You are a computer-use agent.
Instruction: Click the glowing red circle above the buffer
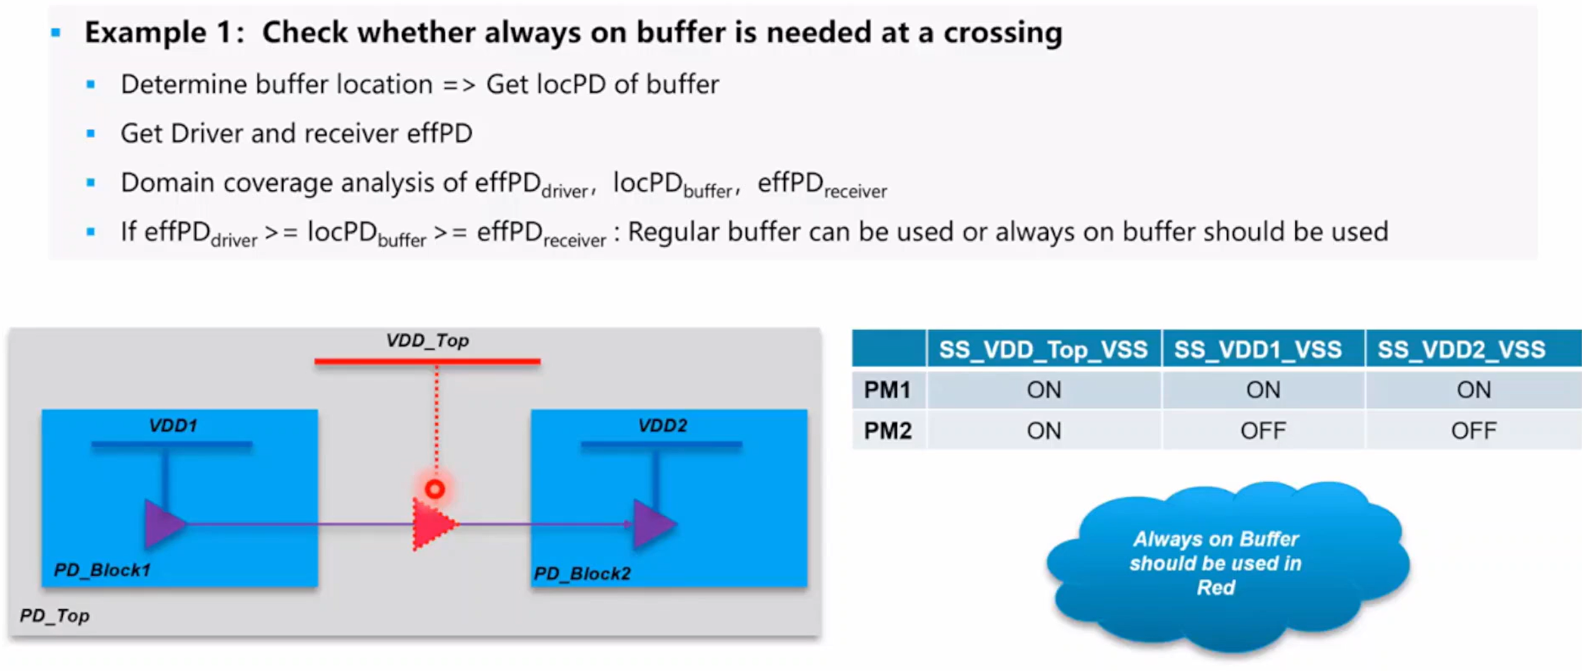tap(435, 489)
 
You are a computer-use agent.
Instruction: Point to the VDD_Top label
tap(427, 340)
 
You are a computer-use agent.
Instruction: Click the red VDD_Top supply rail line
tap(427, 362)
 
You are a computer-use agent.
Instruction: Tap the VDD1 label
tap(173, 425)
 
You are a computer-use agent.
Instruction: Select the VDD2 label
tap(663, 425)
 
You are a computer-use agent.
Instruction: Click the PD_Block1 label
tap(102, 570)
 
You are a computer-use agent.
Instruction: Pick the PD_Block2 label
tap(582, 573)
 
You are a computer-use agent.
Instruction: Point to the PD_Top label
tap(55, 615)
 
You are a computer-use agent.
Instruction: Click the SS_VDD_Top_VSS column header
tap(1043, 349)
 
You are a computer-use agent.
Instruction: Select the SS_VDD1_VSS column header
tap(1258, 349)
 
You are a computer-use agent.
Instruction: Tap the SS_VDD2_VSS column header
tap(1461, 349)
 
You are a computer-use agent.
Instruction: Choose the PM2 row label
tap(887, 431)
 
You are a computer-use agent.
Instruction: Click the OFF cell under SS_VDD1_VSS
tap(1263, 431)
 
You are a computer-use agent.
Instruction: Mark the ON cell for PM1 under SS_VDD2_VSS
tap(1474, 389)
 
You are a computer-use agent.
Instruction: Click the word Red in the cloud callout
tap(1215, 587)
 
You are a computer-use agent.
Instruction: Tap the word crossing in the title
tap(1003, 32)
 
